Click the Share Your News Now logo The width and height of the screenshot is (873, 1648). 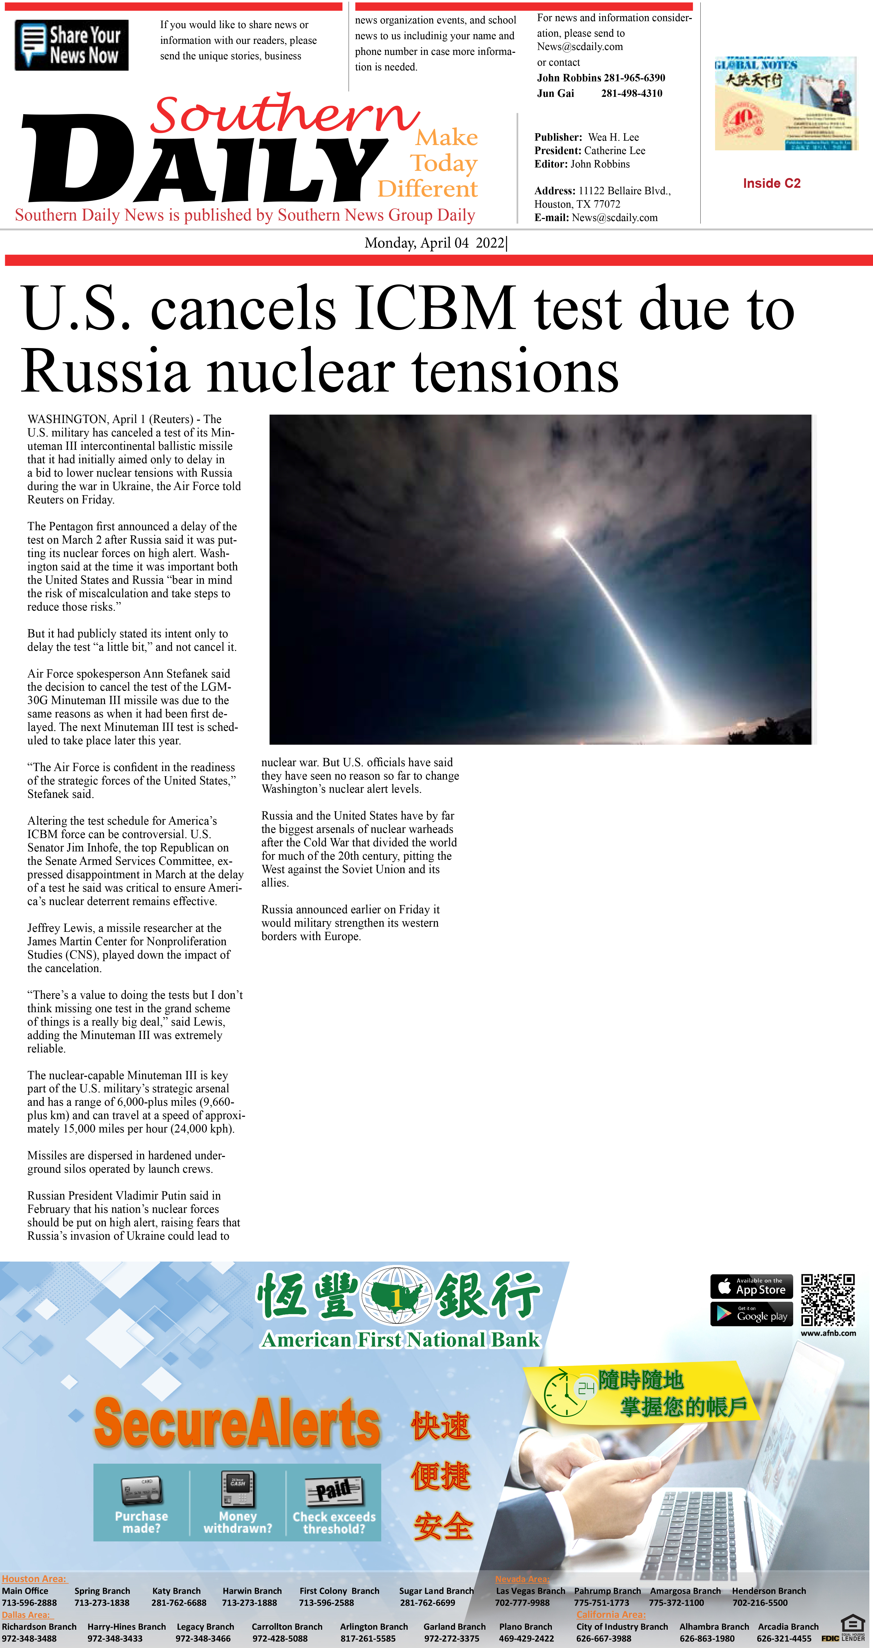72,45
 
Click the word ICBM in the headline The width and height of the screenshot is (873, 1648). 435,308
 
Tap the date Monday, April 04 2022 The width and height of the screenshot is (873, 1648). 435,243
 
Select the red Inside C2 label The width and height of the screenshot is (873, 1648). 771,184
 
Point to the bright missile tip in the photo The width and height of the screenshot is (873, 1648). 560,531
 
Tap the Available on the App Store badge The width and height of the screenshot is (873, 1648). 751,1286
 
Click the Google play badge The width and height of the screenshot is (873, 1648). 751,1314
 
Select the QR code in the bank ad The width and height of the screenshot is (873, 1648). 828,1299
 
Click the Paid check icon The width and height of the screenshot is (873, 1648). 334,1491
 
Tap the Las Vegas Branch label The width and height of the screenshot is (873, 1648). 530,1591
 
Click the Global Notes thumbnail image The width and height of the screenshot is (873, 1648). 785,104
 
